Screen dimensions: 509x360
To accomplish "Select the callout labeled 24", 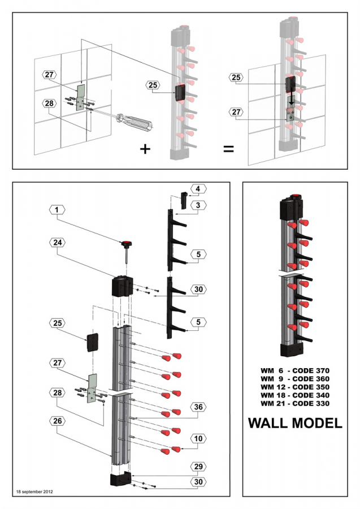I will (x=57, y=242).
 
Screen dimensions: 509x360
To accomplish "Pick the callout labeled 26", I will (x=57, y=420).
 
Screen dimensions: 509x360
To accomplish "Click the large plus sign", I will (x=146, y=149).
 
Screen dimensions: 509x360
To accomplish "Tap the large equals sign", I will (x=228, y=149).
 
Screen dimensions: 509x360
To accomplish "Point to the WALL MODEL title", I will (x=295, y=423).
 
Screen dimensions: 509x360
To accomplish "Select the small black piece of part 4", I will (x=184, y=199).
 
